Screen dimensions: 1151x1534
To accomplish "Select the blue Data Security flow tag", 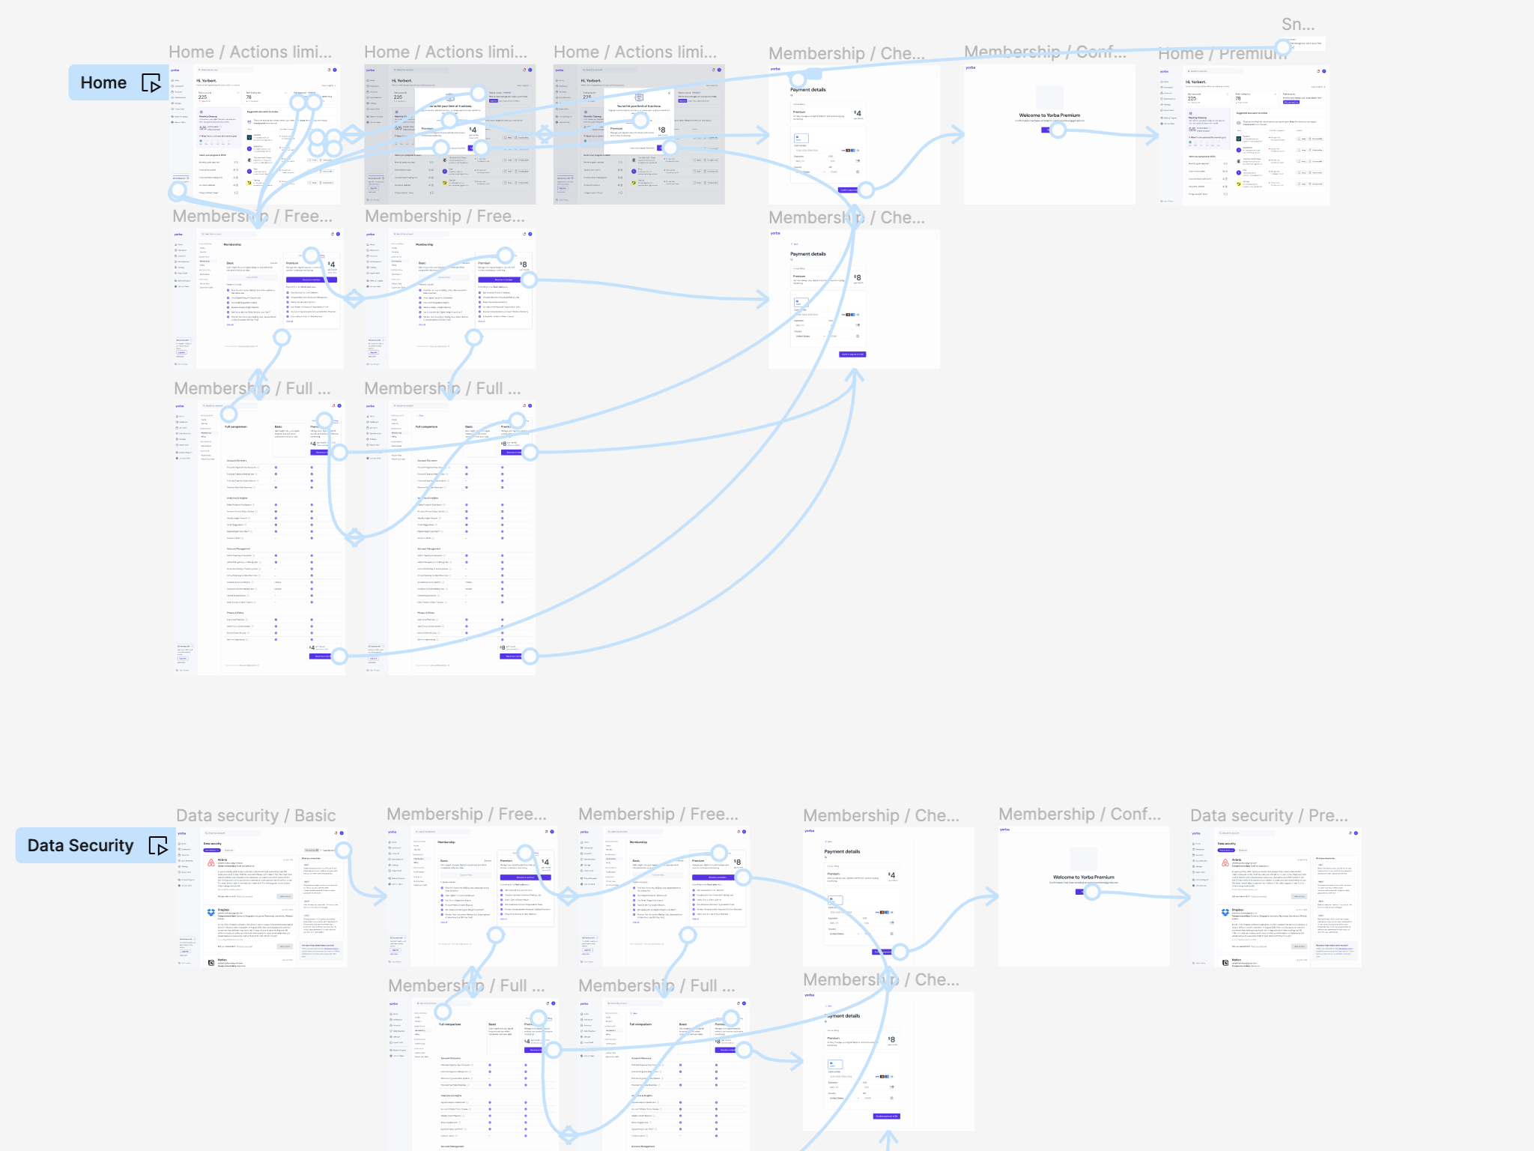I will tap(81, 845).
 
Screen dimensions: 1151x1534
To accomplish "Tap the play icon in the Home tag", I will tap(151, 83).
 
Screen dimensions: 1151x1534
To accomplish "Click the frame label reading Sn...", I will tap(1297, 25).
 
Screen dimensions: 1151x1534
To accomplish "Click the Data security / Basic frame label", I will tap(255, 815).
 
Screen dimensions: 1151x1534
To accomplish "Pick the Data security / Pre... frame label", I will tap(1268, 815).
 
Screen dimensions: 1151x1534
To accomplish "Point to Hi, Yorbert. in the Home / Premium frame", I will tap(1195, 82).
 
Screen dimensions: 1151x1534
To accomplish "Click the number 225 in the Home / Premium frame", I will tap(1192, 98).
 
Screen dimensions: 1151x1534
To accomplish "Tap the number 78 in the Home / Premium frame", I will tap(1238, 98).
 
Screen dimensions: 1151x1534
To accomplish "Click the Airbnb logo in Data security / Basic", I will tap(211, 863).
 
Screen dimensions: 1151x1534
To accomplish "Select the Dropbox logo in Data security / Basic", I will tap(211, 913).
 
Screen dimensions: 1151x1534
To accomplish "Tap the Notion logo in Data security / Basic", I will tap(211, 962).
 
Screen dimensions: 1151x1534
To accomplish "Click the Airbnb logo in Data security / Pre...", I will tap(1225, 863).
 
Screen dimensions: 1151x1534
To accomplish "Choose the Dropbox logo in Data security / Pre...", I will tap(1225, 913).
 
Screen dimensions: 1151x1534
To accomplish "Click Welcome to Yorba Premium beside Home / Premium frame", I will tap(1049, 115).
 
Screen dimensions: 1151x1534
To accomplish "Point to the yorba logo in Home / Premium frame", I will tap(1165, 71).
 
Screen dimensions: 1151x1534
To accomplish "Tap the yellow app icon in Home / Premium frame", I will tap(1239, 183).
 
